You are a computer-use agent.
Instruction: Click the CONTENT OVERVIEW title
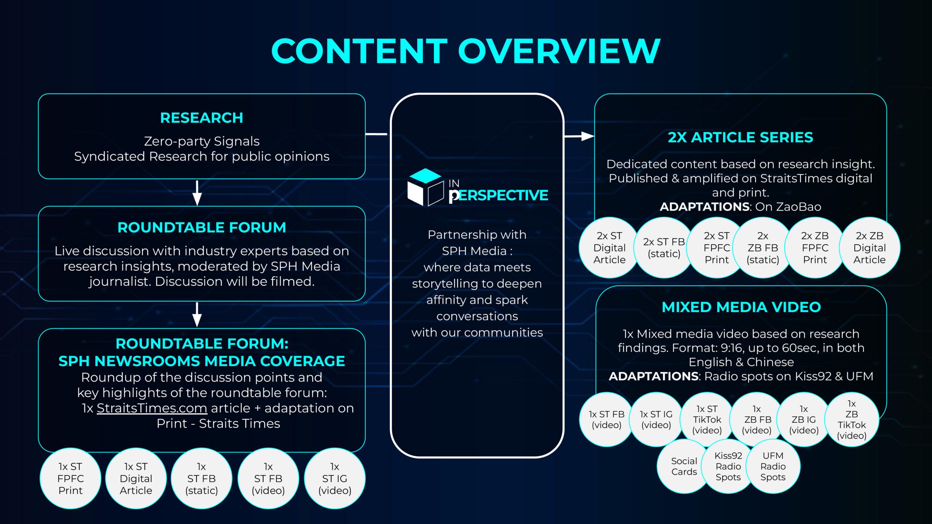coord(466,51)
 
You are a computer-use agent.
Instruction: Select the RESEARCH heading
coord(202,118)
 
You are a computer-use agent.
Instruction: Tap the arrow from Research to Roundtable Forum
coord(197,193)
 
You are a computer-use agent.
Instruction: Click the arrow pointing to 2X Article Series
coord(579,136)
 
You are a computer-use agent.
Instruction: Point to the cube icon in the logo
coord(425,187)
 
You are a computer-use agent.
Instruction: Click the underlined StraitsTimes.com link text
coord(152,408)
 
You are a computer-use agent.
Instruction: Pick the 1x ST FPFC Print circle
coord(71,479)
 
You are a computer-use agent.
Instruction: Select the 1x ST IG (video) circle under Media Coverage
coord(335,479)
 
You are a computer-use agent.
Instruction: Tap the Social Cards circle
coord(684,467)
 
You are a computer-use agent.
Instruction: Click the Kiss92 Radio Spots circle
coord(728,467)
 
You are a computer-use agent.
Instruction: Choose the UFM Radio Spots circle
coord(773,467)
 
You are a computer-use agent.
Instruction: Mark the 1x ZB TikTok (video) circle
coord(852,420)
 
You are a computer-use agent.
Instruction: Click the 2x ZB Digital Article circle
coord(869,248)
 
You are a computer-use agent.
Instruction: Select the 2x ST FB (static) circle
coord(664,248)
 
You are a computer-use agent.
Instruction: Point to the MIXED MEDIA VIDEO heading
coord(741,307)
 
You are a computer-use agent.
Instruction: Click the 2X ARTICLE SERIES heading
coord(741,138)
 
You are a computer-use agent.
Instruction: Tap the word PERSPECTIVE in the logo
coord(498,195)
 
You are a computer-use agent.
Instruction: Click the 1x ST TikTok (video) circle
coord(707,420)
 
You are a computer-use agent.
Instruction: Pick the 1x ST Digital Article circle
coord(136,479)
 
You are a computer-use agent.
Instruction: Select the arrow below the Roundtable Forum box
coord(197,315)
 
